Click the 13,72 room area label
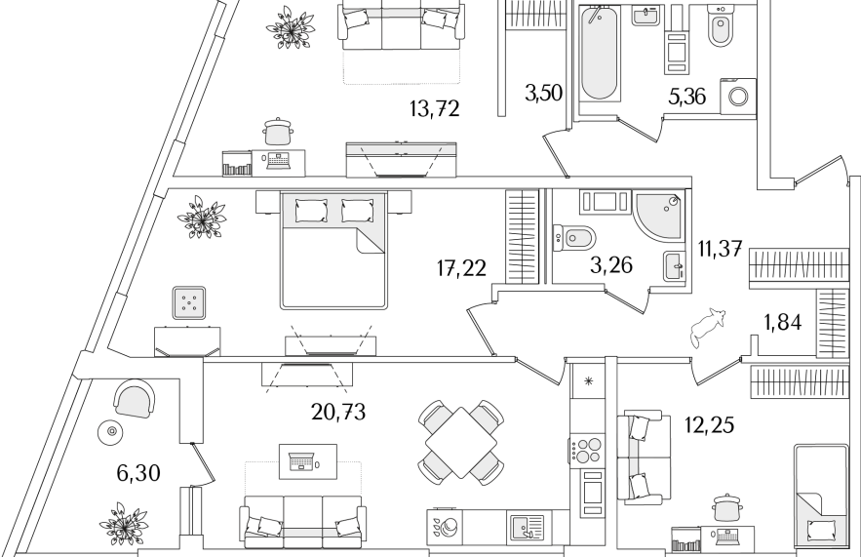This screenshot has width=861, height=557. (x=434, y=109)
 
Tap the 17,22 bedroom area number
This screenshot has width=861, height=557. (x=462, y=268)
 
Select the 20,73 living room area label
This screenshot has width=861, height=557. (x=338, y=411)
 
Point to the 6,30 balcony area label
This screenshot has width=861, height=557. (x=138, y=472)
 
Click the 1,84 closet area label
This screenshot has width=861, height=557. (x=783, y=323)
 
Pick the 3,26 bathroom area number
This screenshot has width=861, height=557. (x=611, y=265)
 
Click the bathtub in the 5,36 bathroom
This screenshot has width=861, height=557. (x=599, y=54)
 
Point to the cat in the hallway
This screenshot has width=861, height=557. (x=708, y=327)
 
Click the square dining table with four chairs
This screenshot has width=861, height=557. (x=461, y=443)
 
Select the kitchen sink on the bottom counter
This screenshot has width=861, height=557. (x=527, y=527)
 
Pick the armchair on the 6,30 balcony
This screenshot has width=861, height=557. (x=134, y=399)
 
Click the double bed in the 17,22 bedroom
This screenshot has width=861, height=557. (x=333, y=250)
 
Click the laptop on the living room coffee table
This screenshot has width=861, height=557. (x=303, y=460)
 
